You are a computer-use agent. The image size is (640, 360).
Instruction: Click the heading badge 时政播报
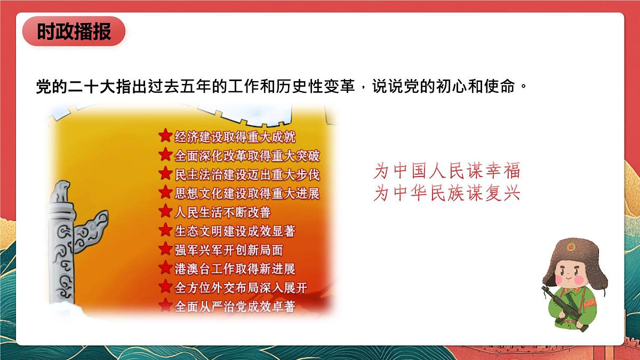(74, 31)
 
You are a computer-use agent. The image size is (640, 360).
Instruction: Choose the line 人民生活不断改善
(222, 212)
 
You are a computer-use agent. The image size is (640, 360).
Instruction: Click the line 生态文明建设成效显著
(235, 231)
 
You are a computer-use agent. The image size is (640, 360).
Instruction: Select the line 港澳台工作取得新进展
(235, 268)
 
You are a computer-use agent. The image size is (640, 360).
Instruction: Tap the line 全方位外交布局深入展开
(241, 287)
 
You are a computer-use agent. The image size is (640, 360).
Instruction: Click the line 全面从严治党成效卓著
(235, 306)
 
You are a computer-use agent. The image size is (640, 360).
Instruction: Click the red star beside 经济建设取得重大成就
(166, 135)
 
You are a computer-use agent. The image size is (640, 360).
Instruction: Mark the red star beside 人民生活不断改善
(166, 211)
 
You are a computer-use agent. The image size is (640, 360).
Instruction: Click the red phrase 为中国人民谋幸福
(446, 171)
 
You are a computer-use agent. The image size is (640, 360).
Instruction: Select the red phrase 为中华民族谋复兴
(446, 194)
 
